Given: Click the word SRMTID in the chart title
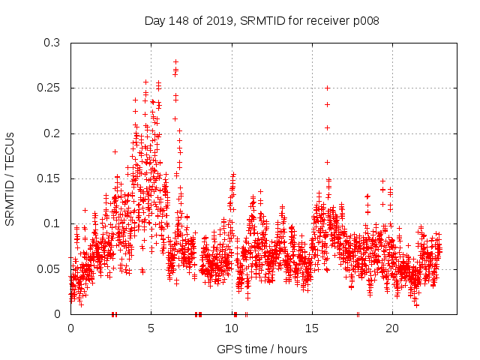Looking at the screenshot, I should pos(262,21).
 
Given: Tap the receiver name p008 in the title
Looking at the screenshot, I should pos(364,21).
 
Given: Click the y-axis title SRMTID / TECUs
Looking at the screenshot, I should pos(10,178).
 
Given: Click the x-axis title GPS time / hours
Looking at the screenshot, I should pos(262,349).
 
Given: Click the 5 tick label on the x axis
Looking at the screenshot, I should pos(151,328).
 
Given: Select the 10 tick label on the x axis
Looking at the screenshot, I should pos(231,328).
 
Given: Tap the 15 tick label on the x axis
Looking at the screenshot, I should pos(312,328).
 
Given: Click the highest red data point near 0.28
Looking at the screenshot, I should pos(175,61).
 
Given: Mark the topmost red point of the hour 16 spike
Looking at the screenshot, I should pos(327,88).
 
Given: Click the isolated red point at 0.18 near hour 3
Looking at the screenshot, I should pos(115,151).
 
